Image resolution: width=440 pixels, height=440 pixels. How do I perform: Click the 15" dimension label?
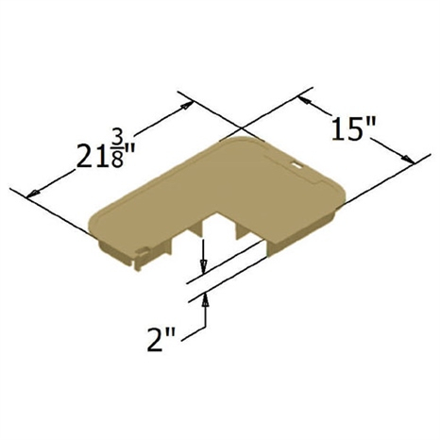[353, 128]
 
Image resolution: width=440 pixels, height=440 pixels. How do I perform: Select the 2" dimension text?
[161, 340]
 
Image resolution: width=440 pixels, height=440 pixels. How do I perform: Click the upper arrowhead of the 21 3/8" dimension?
[187, 105]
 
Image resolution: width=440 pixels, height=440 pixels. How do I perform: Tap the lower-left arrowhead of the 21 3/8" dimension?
[33, 194]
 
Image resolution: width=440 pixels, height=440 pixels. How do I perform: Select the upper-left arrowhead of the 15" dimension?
[303, 100]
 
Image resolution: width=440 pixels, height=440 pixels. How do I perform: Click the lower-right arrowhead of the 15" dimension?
[408, 159]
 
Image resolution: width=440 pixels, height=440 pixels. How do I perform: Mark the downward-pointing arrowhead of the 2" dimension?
[204, 265]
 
